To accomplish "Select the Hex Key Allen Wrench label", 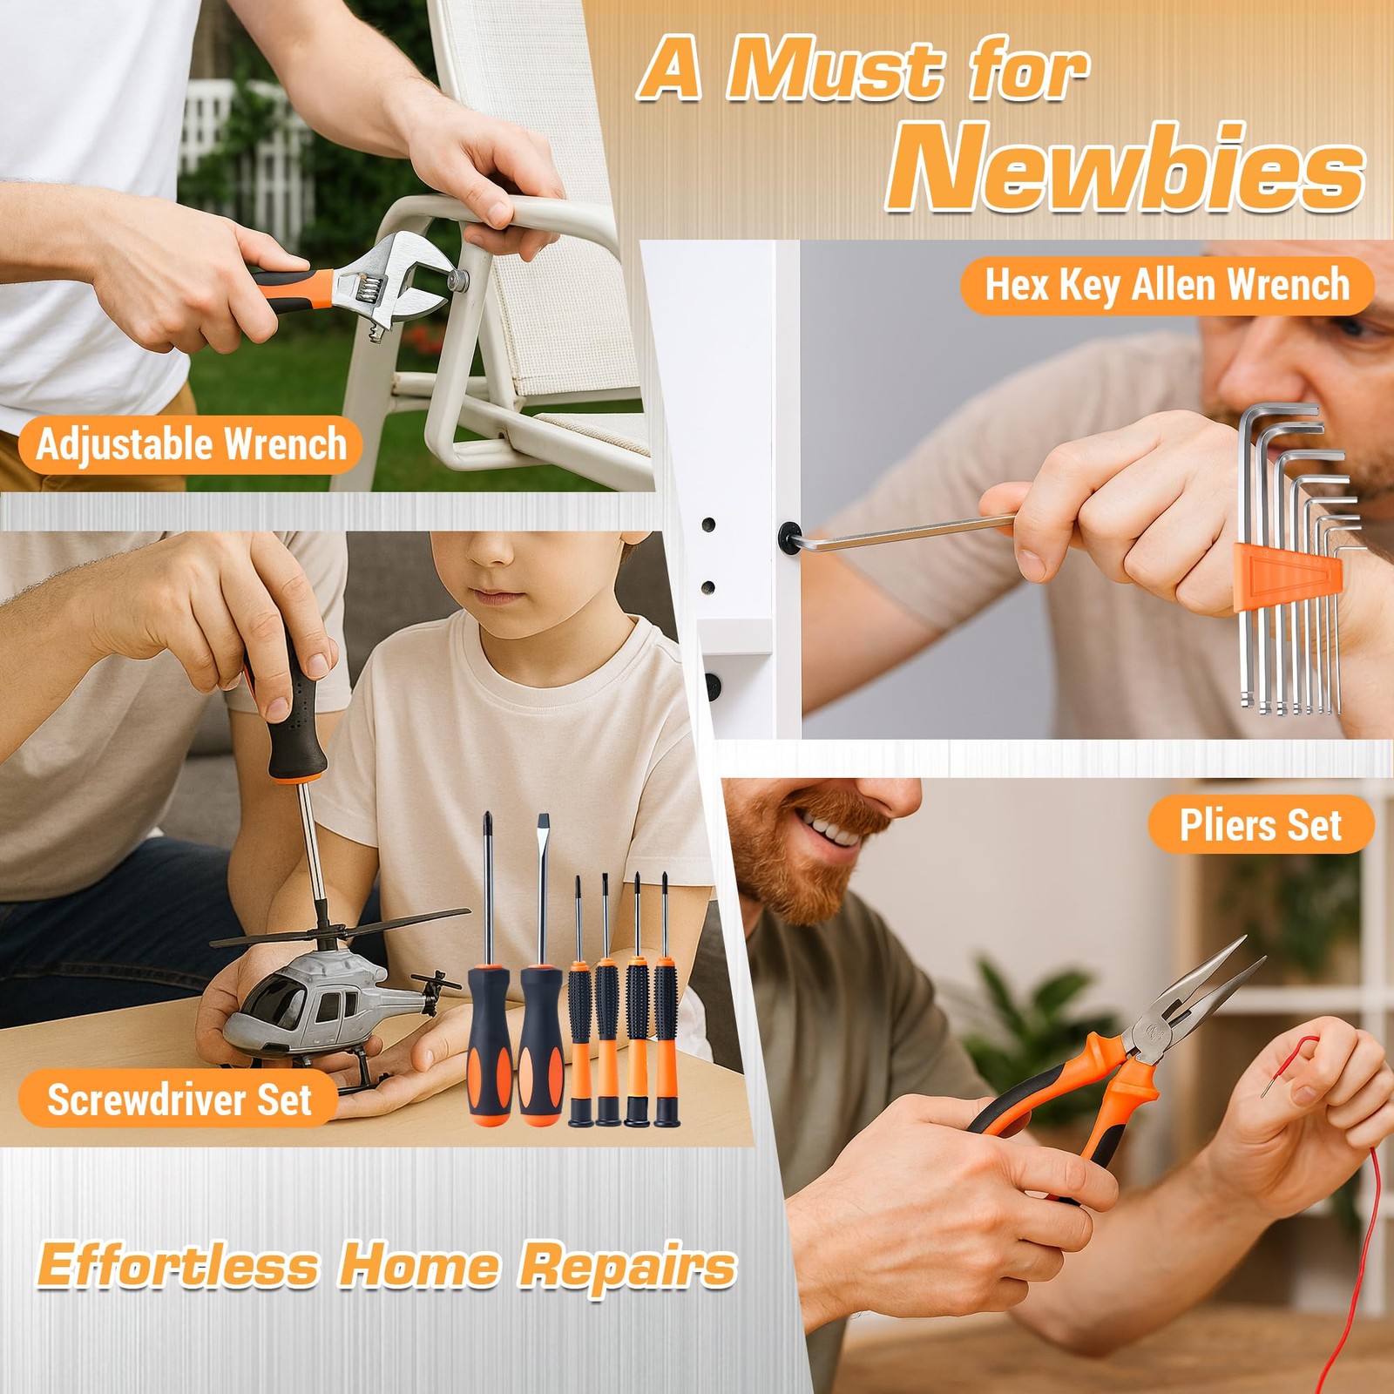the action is (1167, 285).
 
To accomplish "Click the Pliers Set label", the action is (1260, 824).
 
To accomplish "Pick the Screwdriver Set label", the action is (179, 1099).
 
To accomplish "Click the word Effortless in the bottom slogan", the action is (178, 1265).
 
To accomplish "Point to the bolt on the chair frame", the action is (457, 280).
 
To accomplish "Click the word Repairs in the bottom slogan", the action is (627, 1267).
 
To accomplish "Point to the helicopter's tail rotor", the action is (431, 993).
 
